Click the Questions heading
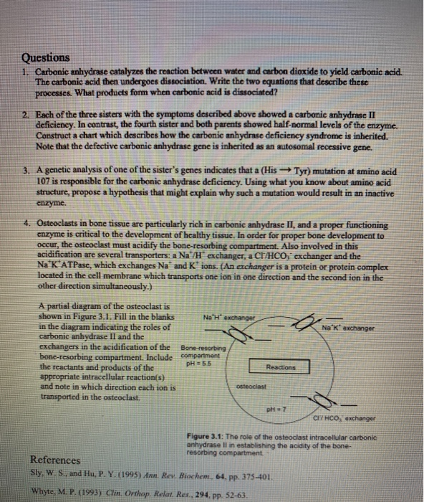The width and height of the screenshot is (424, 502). pos(46,57)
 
